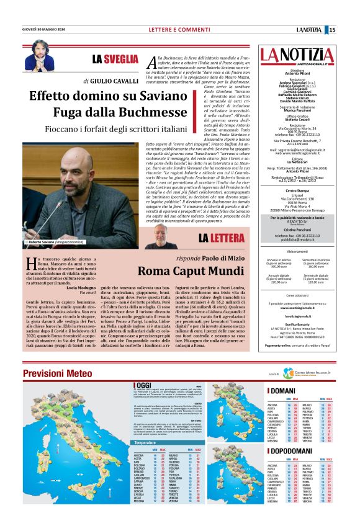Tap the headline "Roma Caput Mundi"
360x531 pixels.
[191, 271]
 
